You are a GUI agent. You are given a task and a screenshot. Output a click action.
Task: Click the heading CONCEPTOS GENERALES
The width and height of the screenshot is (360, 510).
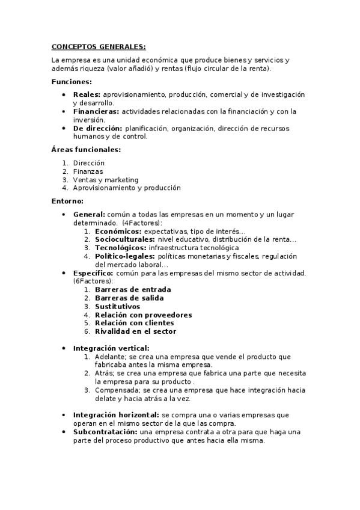coord(98,46)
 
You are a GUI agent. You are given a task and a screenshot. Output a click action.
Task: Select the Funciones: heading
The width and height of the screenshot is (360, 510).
coord(72,82)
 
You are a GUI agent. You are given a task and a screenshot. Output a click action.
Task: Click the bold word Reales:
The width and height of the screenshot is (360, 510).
coord(87,95)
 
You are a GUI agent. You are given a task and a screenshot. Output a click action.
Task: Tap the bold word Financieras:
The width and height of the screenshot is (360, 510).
coord(96,112)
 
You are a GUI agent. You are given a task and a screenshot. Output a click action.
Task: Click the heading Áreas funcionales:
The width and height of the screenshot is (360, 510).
coord(86,149)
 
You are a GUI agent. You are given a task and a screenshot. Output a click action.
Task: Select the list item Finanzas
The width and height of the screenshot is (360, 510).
coord(88,171)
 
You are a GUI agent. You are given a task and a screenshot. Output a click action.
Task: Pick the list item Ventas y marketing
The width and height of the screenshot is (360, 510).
coord(105,180)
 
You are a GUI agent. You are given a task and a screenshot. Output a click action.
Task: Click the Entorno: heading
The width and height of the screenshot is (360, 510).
coord(67,201)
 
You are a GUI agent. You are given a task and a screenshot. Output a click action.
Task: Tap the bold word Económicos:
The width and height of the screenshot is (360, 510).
coord(118,231)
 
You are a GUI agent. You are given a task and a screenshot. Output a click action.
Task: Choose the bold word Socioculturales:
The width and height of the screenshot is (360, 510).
coord(125,239)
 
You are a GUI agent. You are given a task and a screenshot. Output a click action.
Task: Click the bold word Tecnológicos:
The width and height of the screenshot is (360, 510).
coord(121,248)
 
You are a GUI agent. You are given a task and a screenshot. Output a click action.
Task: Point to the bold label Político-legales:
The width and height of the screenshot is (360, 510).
coord(124,256)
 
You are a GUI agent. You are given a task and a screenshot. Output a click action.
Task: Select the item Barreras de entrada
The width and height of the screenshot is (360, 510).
coord(133,290)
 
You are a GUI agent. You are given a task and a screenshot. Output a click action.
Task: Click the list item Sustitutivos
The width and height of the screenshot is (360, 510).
coord(117,307)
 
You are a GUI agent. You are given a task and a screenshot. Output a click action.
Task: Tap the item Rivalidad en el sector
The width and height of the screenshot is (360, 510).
coord(135,331)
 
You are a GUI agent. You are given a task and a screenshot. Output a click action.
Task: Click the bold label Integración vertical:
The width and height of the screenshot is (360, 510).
coord(111,348)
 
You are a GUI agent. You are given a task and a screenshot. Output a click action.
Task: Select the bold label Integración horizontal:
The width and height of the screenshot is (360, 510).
coord(116,415)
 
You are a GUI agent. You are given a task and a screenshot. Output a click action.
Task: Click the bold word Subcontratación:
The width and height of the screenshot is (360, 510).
coord(105,432)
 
